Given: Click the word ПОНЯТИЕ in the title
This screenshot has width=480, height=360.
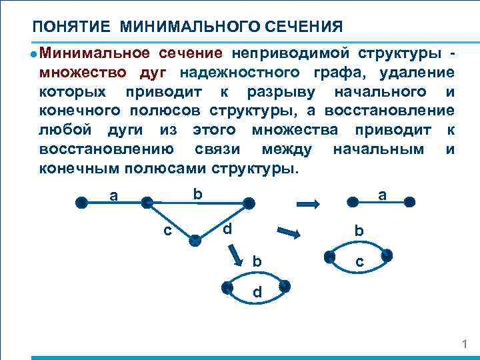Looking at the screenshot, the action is pos(72,27).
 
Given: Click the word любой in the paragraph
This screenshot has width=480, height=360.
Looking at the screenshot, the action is pos(64,128).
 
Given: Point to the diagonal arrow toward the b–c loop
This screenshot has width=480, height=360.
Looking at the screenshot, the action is pos(289,233).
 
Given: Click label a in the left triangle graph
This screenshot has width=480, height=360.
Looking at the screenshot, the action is pos(114,195).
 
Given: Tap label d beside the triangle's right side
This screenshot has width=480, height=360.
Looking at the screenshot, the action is pos(227,229).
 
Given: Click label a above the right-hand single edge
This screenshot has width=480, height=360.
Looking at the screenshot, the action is pos(381,195).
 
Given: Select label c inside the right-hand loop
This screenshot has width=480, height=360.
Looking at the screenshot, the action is pos(359,263).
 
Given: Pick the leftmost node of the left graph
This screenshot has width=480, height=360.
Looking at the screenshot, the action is pos(81,203).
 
